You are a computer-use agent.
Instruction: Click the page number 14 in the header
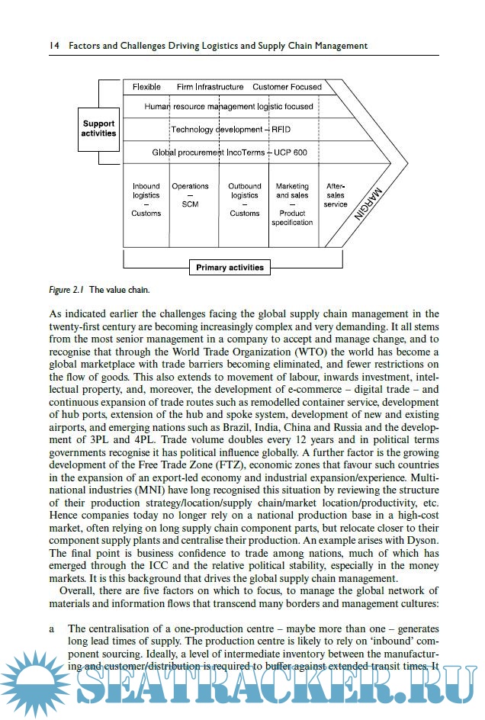53,46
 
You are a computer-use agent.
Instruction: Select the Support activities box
98,128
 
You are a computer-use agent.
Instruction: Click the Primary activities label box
230,268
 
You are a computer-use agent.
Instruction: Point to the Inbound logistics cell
146,200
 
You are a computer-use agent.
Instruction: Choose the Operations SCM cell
190,195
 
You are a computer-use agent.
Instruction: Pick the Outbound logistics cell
244,200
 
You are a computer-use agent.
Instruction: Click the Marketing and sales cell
292,204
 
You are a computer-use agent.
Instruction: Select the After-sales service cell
336,195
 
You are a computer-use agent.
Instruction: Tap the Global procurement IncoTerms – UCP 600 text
230,153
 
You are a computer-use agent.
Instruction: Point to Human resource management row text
229,107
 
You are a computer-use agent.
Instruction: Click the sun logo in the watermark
34,681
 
